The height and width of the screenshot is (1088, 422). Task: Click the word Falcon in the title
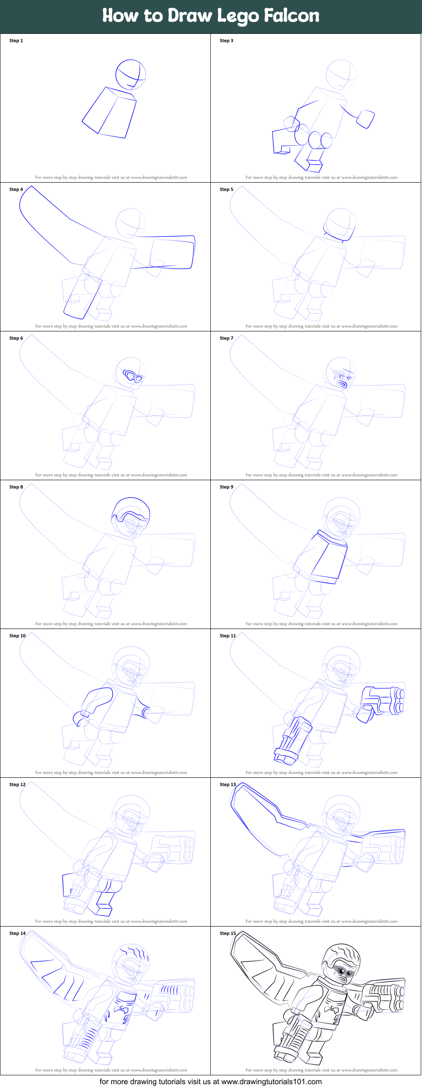click(291, 16)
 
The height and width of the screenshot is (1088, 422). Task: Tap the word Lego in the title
click(238, 16)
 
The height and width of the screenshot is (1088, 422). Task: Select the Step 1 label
click(16, 41)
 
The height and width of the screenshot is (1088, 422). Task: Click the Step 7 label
click(226, 338)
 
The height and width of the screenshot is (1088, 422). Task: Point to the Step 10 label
click(17, 636)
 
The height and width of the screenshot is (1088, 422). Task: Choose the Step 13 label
click(228, 785)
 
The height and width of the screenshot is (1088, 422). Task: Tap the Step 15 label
click(228, 933)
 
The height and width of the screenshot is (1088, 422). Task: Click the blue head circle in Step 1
click(131, 74)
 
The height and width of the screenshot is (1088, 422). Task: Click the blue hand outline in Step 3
click(366, 119)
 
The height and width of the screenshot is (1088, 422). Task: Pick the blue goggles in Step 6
click(133, 376)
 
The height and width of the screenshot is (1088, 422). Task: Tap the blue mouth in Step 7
click(342, 384)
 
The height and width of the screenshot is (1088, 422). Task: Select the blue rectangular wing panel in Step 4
click(172, 253)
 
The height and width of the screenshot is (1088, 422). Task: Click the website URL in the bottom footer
click(271, 1082)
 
